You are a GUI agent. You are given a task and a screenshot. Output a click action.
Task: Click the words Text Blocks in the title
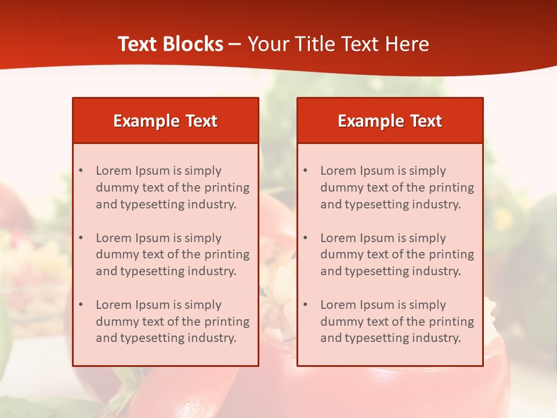(x=171, y=44)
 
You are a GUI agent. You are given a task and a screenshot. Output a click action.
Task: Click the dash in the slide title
(x=235, y=45)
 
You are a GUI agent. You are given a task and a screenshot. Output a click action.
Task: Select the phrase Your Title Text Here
(x=338, y=44)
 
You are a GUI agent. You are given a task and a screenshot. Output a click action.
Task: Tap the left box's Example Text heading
(x=165, y=121)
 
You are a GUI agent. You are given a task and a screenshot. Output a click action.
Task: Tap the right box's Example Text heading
(x=390, y=121)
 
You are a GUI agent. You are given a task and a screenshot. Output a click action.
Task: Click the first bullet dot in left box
(x=81, y=171)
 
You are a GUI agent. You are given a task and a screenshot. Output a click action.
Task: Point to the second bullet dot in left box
(x=81, y=238)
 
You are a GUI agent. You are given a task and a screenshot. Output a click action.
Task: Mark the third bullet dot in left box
(x=81, y=305)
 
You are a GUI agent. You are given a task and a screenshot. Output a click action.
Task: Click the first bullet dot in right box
(x=306, y=171)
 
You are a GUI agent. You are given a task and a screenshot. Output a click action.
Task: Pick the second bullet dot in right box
(x=306, y=238)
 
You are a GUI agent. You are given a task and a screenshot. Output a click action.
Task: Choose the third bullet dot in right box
(x=306, y=305)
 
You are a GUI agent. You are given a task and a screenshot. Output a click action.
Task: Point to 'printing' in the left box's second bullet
(x=228, y=254)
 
